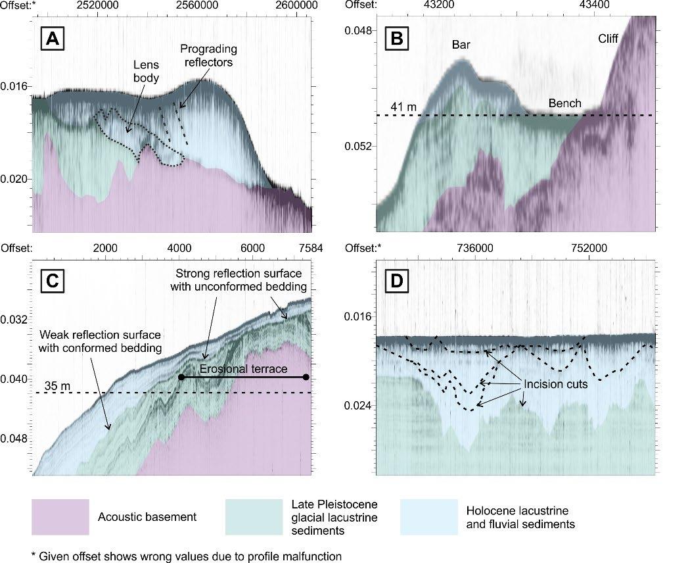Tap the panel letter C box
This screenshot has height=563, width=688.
53,281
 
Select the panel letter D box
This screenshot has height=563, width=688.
396,281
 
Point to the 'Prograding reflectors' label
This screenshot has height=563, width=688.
209,57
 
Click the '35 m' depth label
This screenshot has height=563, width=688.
57,385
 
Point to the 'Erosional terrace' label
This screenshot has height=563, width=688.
244,370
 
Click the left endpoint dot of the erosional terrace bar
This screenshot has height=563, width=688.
181,377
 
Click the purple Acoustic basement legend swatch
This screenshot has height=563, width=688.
60,517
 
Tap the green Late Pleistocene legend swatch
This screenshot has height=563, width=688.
253,517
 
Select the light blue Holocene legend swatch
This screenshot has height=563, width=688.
428,517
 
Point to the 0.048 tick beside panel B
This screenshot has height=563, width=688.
359,30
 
